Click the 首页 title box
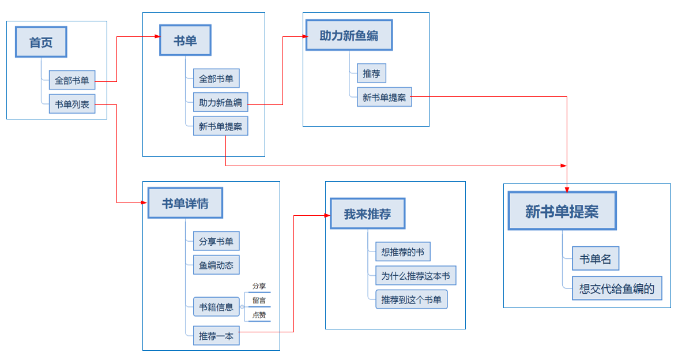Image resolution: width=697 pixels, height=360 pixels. [x=41, y=42]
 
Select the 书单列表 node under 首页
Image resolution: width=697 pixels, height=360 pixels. [x=72, y=104]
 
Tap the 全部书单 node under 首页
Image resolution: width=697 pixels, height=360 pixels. [x=72, y=80]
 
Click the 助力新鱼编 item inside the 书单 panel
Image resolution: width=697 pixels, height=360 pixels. [x=220, y=103]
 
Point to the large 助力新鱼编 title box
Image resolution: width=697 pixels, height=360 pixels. [x=349, y=35]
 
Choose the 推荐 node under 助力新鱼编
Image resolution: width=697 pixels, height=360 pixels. [x=371, y=73]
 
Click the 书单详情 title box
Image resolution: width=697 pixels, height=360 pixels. [x=185, y=203]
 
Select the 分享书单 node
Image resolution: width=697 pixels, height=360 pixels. [x=216, y=241]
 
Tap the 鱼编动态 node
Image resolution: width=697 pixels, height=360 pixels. [x=216, y=265]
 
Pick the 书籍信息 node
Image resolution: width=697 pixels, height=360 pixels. [x=216, y=307]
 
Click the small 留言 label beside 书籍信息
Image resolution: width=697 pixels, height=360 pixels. [x=259, y=300]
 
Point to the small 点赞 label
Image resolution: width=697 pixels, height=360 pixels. [x=259, y=315]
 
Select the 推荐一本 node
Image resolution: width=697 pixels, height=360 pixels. [x=216, y=336]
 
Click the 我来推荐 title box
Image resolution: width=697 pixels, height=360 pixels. [x=367, y=214]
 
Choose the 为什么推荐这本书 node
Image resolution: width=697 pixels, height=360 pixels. [x=415, y=276]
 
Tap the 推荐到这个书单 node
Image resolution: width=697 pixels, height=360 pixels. [x=411, y=299]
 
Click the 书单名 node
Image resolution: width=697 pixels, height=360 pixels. [x=596, y=259]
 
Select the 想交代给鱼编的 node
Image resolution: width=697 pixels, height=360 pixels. [x=617, y=288]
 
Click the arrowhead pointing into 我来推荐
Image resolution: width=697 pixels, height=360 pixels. [x=327, y=215]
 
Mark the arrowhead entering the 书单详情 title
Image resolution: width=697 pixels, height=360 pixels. [x=144, y=202]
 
